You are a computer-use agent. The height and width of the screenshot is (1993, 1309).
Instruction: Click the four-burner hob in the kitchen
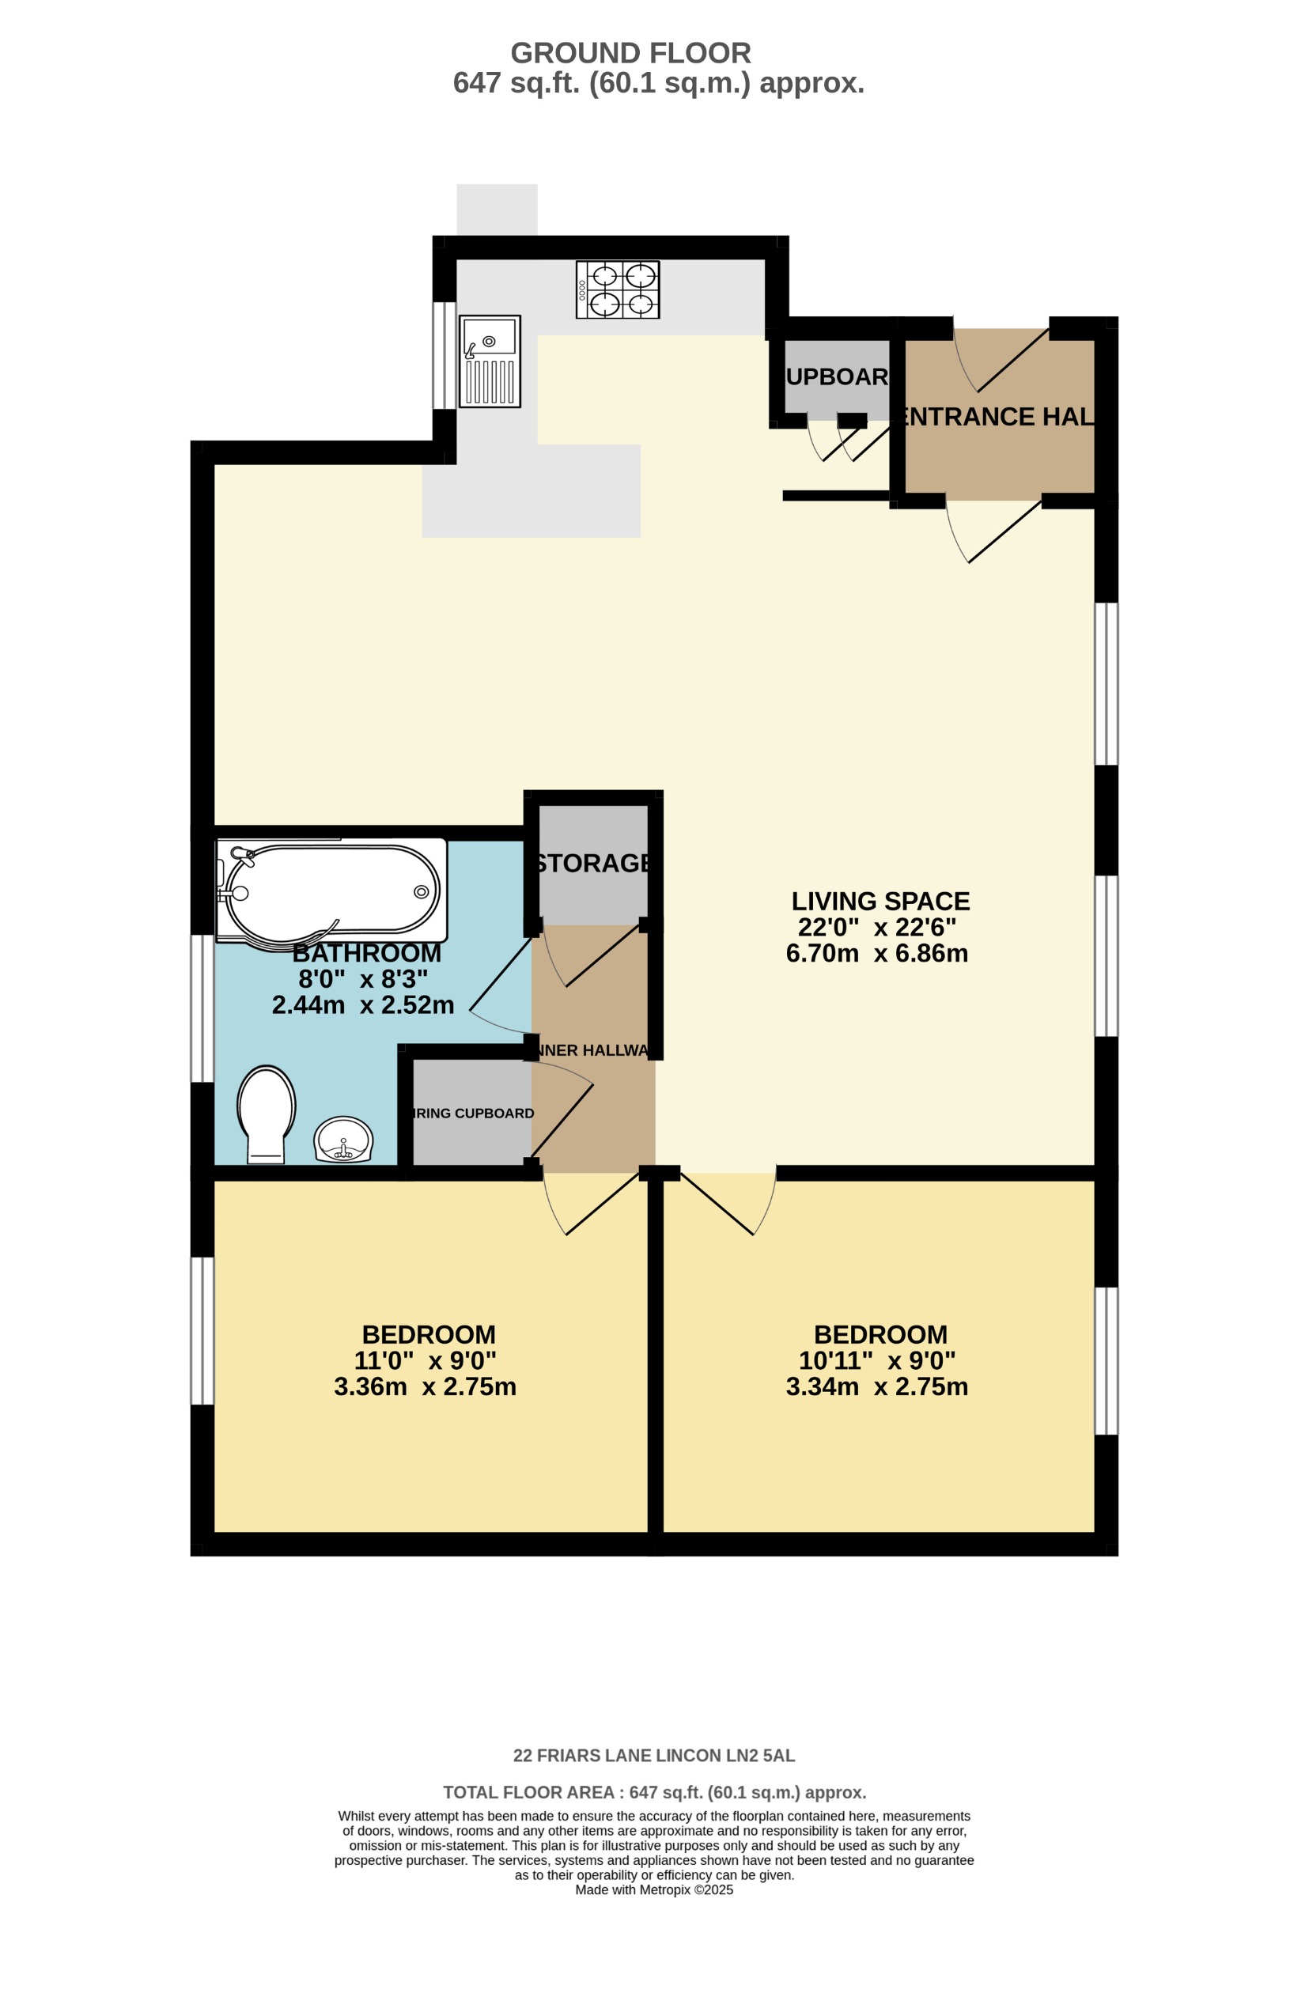pyautogui.click(x=616, y=289)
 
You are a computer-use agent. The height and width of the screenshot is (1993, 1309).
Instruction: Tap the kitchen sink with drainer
pyautogui.click(x=489, y=361)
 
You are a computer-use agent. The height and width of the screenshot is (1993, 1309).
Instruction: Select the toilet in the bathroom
pyautogui.click(x=267, y=1114)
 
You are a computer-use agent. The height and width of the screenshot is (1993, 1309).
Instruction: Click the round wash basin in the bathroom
pyautogui.click(x=342, y=1140)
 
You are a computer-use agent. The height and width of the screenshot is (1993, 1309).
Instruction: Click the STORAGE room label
pyautogui.click(x=593, y=864)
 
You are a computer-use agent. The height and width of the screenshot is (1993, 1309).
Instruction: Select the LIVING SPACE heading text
pyautogui.click(x=880, y=901)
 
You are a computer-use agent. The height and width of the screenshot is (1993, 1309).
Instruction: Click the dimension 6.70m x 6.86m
pyautogui.click(x=876, y=953)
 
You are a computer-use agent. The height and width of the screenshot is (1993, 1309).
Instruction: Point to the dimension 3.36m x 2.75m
pyautogui.click(x=425, y=1386)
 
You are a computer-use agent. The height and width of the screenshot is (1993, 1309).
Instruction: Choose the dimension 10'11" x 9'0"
pyautogui.click(x=876, y=1360)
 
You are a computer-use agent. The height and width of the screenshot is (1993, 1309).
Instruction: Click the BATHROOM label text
pyautogui.click(x=366, y=953)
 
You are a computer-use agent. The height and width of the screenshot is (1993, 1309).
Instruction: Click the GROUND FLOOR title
pyautogui.click(x=630, y=54)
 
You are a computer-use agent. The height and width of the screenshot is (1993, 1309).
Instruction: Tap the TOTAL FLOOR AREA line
pyautogui.click(x=653, y=1793)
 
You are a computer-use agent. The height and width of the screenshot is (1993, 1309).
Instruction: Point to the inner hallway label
pyautogui.click(x=593, y=1050)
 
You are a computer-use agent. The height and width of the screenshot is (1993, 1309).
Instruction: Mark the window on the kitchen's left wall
pyautogui.click(x=444, y=355)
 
